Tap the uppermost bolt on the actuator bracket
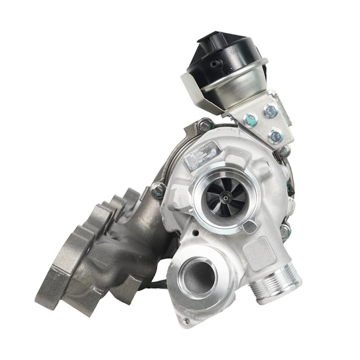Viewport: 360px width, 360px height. coord(270,112)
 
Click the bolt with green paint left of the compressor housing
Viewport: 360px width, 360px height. coord(160,190)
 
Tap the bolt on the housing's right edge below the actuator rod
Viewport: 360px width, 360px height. coord(286,232)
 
